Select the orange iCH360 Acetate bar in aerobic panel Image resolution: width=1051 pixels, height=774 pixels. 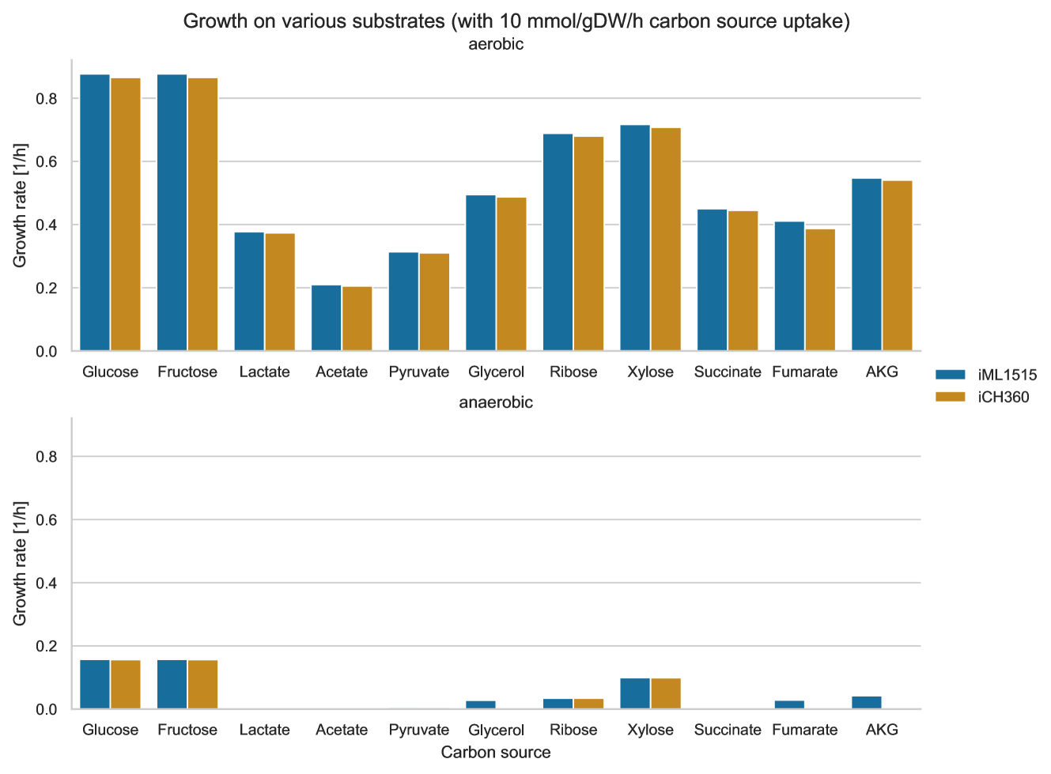tap(357, 319)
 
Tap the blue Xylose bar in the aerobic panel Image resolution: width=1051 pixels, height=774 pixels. tap(635, 237)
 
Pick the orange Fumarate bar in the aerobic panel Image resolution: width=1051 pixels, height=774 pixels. tap(820, 289)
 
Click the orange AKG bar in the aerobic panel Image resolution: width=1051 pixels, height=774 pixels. tap(898, 266)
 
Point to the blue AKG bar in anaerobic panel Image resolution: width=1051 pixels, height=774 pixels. tap(867, 703)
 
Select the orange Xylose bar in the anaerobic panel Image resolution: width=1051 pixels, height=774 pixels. tap(666, 693)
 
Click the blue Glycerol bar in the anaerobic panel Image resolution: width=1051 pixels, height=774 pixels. tap(481, 705)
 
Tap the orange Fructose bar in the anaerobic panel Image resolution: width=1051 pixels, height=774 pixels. tap(203, 685)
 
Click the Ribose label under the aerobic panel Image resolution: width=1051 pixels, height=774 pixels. tap(573, 372)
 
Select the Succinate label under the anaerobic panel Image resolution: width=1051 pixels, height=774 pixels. tap(728, 730)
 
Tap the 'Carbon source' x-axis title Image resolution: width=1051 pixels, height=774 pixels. tap(496, 752)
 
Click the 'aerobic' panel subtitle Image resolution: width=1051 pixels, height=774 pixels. tap(496, 44)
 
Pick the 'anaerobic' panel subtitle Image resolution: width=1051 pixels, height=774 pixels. tap(496, 402)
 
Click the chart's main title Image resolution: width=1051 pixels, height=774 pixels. tap(516, 21)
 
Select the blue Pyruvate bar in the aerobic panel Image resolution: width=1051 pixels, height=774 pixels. tap(403, 301)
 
